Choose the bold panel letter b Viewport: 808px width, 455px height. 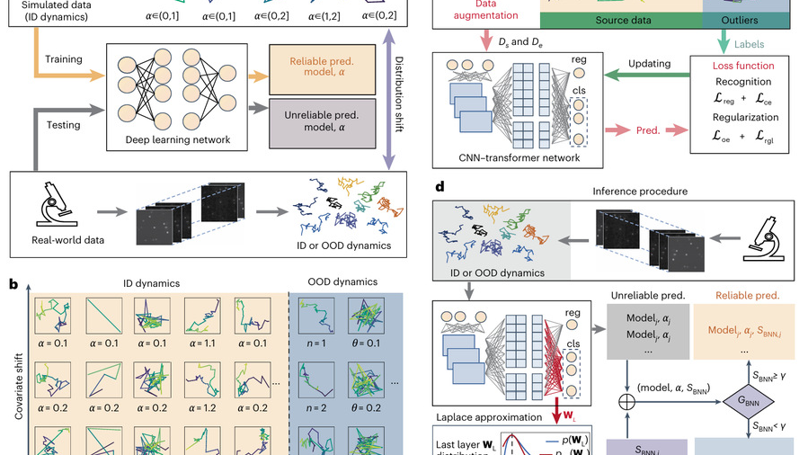point(13,283)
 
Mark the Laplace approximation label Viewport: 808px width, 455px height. point(482,417)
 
